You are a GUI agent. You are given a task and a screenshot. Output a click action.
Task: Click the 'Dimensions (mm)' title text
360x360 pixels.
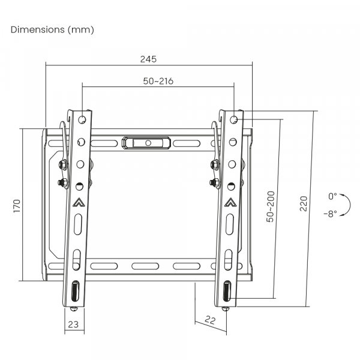click(x=52, y=29)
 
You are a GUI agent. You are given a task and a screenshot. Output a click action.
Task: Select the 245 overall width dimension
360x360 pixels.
click(x=148, y=59)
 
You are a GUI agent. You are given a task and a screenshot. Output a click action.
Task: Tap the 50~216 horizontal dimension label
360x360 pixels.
click(x=158, y=81)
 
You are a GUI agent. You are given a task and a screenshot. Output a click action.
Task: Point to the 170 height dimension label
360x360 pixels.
click(x=17, y=205)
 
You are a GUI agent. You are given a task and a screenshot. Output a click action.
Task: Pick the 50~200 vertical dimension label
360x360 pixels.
click(x=270, y=207)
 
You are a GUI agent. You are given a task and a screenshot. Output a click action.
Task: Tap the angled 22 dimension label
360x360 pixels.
click(x=210, y=320)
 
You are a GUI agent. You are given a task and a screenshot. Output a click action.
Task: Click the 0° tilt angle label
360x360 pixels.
click(x=332, y=196)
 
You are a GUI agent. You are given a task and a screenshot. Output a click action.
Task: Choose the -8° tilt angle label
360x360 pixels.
click(x=329, y=213)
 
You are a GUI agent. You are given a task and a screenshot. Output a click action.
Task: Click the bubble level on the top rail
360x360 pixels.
click(x=146, y=143)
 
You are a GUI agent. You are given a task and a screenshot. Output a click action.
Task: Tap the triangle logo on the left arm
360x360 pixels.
click(x=78, y=203)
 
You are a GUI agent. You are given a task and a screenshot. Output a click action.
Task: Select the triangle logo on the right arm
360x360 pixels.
click(x=230, y=203)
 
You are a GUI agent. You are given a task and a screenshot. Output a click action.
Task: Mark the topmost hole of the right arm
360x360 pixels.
click(x=233, y=119)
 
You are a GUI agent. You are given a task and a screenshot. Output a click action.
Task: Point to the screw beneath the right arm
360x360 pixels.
click(x=226, y=308)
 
